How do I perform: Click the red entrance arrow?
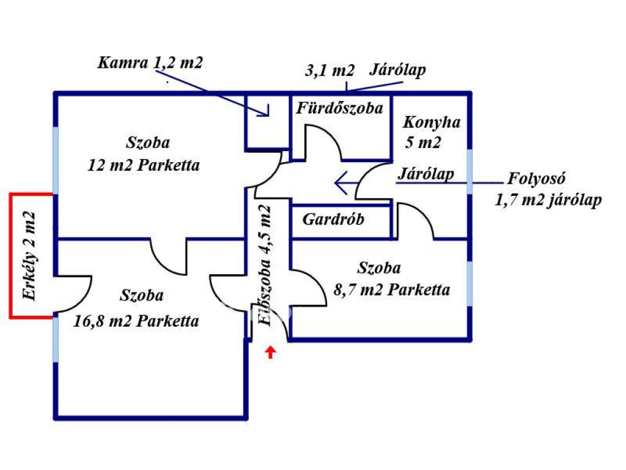click(271, 352)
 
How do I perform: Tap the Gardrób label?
click(333, 219)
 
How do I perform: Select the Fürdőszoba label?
click(340, 108)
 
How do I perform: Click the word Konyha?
click(431, 122)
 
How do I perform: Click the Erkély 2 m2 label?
click(29, 255)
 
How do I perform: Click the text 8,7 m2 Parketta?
click(392, 289)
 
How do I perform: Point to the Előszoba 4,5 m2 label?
click(265, 263)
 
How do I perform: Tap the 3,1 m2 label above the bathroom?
click(330, 70)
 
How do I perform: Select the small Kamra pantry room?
click(267, 121)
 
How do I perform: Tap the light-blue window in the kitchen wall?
click(469, 172)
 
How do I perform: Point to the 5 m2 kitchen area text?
click(422, 143)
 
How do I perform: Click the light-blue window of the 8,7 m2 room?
click(469, 283)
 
